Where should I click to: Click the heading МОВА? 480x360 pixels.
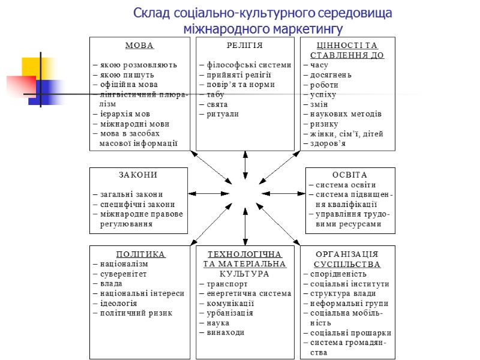[x=139, y=46]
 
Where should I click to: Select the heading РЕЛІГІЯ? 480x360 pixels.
[x=245, y=46]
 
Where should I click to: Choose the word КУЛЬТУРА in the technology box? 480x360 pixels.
[x=245, y=274]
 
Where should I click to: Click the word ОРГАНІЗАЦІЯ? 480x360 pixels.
[x=347, y=254]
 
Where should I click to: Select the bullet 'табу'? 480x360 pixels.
[x=215, y=94]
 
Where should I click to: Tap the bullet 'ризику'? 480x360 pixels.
[x=325, y=124]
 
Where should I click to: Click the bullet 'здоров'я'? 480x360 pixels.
[x=328, y=143]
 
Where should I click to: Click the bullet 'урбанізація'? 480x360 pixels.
[x=230, y=313]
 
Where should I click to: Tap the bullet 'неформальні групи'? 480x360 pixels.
[x=349, y=303]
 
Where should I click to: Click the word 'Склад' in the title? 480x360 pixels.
[x=150, y=13]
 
